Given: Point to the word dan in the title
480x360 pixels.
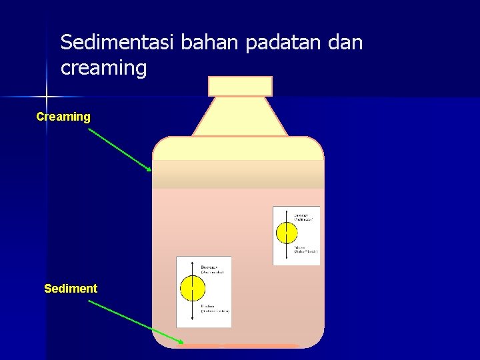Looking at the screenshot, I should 345,43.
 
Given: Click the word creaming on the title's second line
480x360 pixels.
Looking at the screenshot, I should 103,68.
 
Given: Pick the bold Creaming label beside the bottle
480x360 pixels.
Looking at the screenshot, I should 63,117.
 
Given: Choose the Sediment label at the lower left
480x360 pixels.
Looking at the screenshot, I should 71,289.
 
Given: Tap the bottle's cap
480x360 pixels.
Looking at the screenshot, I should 240,86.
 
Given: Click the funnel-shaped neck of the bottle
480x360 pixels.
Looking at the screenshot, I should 240,117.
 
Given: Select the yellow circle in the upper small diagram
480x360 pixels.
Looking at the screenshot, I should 287,232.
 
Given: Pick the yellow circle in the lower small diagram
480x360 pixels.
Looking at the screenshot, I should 193,290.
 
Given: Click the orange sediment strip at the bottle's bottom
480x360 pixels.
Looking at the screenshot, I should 240,346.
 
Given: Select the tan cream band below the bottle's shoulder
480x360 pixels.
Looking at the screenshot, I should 238,175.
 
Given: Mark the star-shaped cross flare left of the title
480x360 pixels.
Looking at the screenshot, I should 47,97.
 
